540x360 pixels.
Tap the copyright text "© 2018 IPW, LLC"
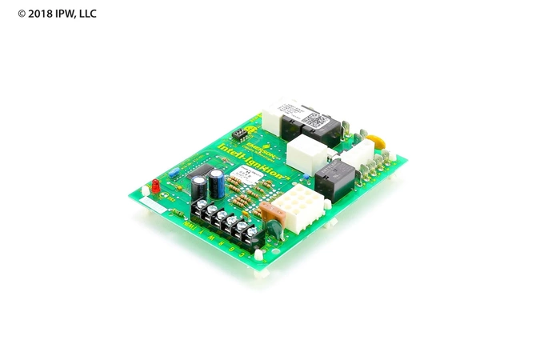[57, 14]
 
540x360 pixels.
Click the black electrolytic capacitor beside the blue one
[198, 187]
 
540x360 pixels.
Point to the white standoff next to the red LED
[145, 190]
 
